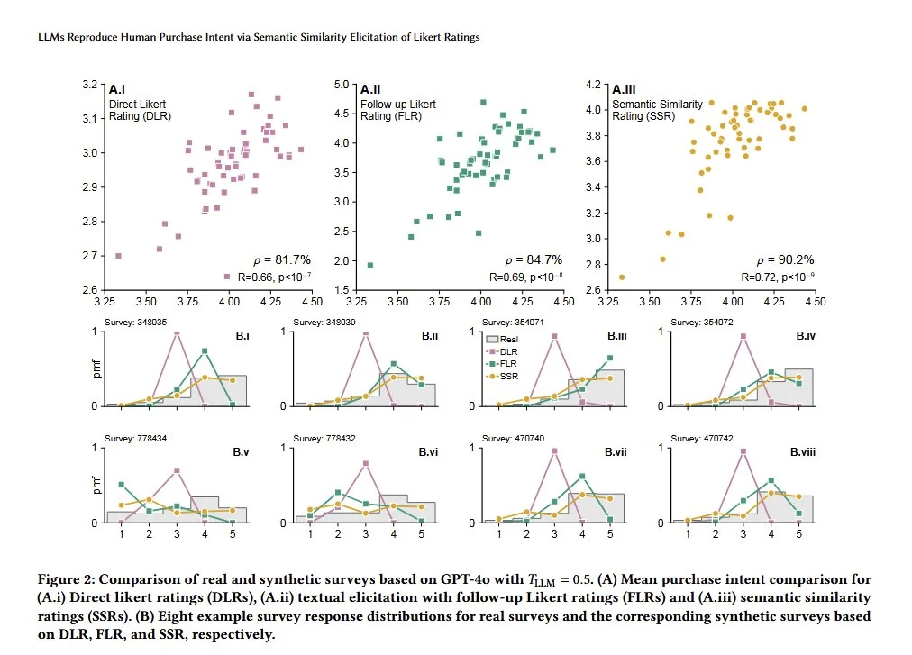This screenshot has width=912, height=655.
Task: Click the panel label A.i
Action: (116, 90)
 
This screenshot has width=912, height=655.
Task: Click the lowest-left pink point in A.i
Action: (118, 256)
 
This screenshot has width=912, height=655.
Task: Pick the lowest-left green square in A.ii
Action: (370, 265)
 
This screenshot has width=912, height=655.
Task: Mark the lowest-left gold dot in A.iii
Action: (622, 277)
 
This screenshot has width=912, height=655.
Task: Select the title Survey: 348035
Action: (136, 322)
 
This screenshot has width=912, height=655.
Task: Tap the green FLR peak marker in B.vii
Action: (582, 476)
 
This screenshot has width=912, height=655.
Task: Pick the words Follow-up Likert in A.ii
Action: (398, 104)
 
